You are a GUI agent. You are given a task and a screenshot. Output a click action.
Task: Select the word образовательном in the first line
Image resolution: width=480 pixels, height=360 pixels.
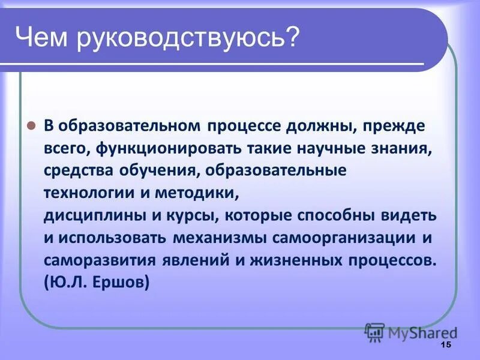131,127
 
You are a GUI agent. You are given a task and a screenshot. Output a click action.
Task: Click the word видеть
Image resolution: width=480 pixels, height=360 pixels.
412,215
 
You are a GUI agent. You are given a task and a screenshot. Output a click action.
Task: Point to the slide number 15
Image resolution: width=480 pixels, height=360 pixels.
445,345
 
